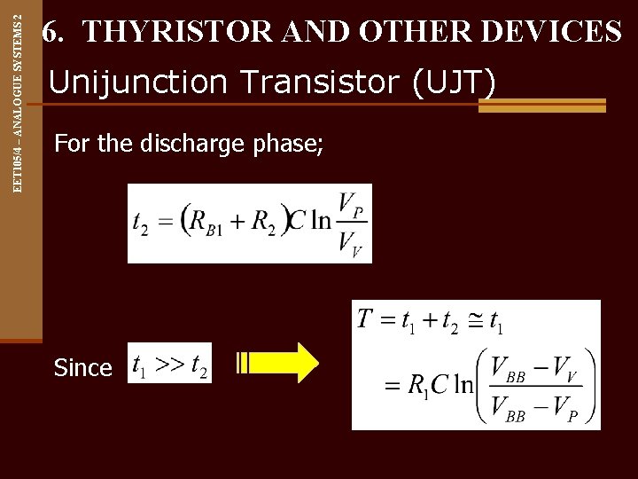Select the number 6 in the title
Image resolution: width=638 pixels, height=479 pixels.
[51, 33]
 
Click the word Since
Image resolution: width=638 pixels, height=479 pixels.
[82, 367]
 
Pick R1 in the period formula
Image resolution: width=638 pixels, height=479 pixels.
[419, 385]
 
